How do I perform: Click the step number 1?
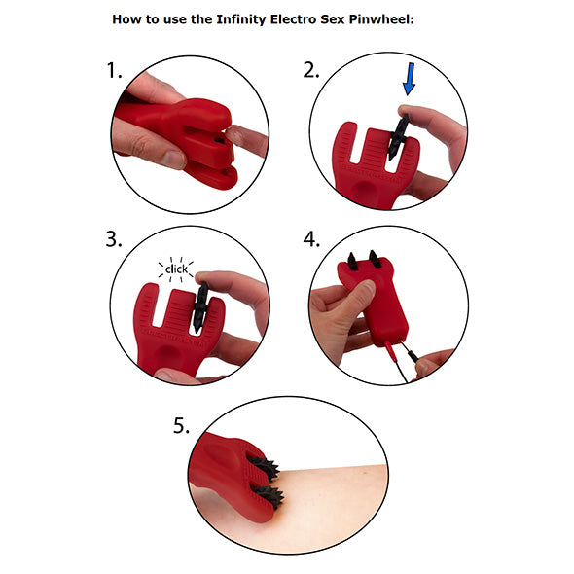coord(115,70)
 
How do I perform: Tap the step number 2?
coord(311,70)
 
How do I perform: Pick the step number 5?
coord(181,425)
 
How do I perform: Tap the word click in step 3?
coord(176,268)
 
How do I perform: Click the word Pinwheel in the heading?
coord(381,18)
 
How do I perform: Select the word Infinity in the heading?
coord(254,18)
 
